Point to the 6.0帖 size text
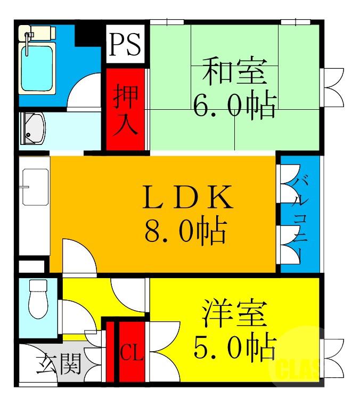point(234,106)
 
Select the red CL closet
point(131,352)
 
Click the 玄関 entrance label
point(59,366)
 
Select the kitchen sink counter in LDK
point(34,187)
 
